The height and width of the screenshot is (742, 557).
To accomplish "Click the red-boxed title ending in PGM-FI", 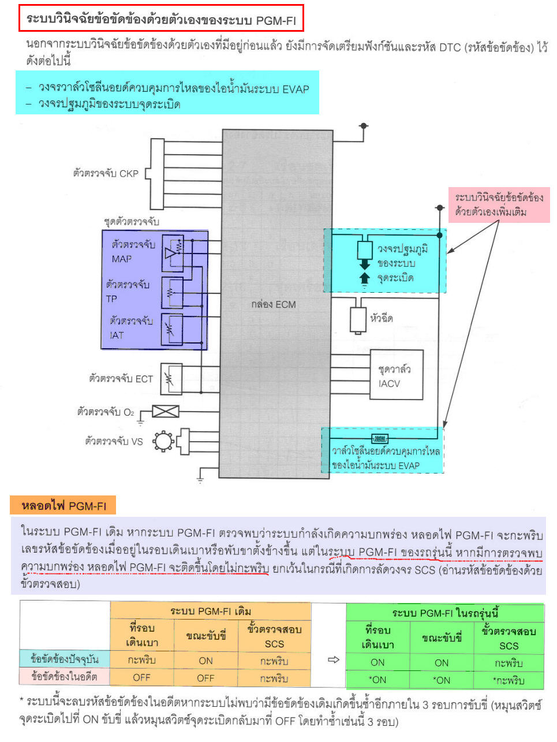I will [x=160, y=20].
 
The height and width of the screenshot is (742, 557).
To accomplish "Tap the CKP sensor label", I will [x=106, y=173].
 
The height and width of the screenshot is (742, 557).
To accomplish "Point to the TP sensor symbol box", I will [x=172, y=292].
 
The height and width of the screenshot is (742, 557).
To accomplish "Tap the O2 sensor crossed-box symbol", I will [x=165, y=411].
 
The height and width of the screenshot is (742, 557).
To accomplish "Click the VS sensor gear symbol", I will [x=163, y=442].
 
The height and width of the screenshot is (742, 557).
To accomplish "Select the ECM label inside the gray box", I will [x=274, y=304].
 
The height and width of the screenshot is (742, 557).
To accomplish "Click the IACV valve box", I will [x=396, y=376].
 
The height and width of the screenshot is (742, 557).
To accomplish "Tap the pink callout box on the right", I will [x=499, y=205].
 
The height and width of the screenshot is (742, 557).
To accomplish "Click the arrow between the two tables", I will [x=333, y=659].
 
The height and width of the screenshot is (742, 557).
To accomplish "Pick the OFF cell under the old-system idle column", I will [x=141, y=677].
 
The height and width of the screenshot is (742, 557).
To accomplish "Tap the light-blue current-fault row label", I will [x=65, y=659].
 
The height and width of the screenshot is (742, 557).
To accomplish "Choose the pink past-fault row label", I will [x=65, y=676].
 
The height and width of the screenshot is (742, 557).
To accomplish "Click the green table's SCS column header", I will [x=509, y=638].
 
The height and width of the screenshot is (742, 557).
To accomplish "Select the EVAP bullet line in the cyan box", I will [x=173, y=88].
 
